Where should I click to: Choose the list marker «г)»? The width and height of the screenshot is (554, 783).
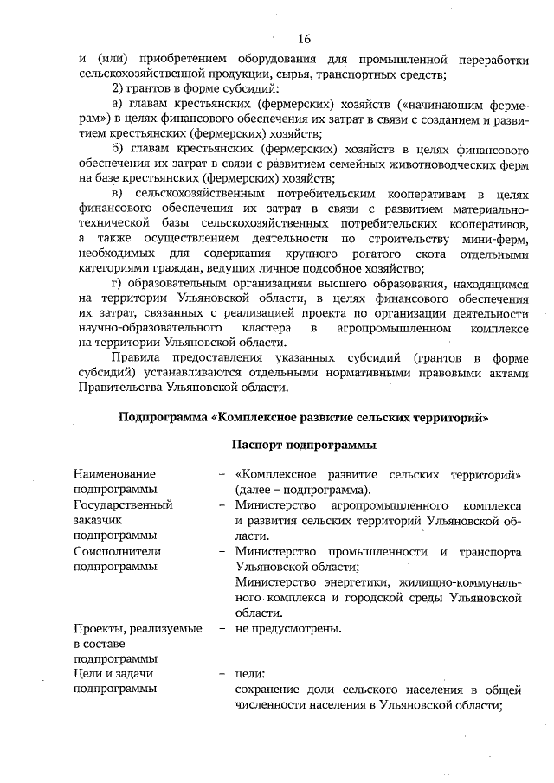tap(122, 282)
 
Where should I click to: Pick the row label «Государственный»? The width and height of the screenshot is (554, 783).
tap(123, 504)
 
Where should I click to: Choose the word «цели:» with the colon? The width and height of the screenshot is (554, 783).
tap(250, 673)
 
